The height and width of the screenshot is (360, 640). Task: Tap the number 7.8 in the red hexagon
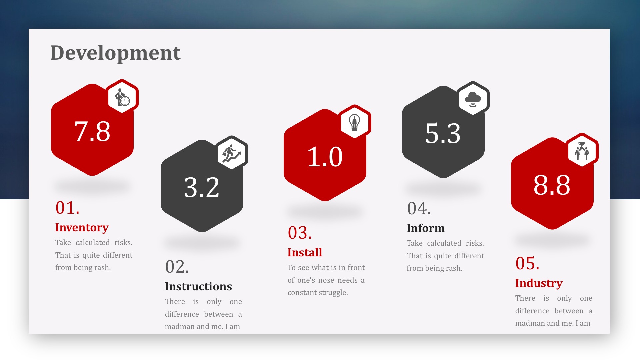click(92, 131)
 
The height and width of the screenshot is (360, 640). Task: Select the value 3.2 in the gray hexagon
click(202, 187)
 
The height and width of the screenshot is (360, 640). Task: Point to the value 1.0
click(325, 157)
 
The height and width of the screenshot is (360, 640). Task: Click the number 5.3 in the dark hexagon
click(443, 133)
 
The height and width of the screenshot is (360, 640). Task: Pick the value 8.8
click(552, 185)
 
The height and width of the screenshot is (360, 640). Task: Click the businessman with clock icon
click(122, 97)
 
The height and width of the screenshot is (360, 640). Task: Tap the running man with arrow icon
click(232, 153)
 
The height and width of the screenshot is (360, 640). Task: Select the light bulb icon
click(354, 123)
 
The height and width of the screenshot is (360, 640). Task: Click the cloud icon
click(473, 99)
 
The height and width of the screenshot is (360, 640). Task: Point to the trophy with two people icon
click(582, 151)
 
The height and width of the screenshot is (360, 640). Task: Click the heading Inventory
click(82, 228)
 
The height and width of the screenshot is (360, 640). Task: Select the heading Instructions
click(198, 286)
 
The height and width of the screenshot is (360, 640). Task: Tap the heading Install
click(305, 252)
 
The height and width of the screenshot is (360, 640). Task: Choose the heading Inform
click(426, 228)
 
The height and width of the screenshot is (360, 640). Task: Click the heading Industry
click(539, 283)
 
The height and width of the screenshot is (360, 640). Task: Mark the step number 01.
click(68, 208)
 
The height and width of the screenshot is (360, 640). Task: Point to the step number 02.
click(177, 267)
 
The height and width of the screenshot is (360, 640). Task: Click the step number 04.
click(419, 208)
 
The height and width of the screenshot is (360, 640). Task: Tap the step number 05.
click(528, 263)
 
